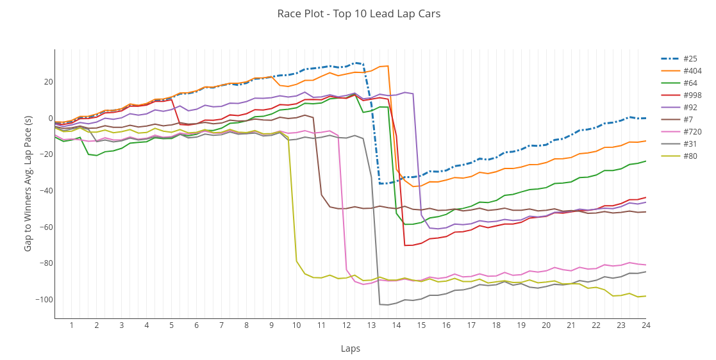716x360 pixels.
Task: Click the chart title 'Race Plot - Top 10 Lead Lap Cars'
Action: click(x=358, y=14)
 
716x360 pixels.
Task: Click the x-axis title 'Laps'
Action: click(x=350, y=348)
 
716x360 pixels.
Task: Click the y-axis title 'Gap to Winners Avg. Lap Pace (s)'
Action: click(x=28, y=183)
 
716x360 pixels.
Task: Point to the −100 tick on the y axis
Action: click(x=42, y=300)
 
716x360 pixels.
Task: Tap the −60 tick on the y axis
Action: click(x=44, y=227)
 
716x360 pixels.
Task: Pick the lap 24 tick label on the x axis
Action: click(x=645, y=325)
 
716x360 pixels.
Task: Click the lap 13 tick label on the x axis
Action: click(x=371, y=325)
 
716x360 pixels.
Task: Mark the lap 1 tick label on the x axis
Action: click(x=71, y=325)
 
